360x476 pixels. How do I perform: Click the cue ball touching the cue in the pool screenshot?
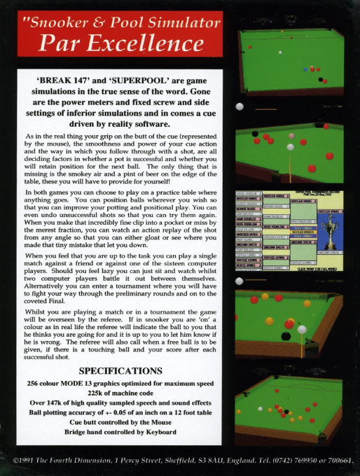pyautogui.click(x=302, y=330)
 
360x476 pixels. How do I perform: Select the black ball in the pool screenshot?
pyautogui.click(x=286, y=337)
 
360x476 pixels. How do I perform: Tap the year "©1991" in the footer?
pyautogui.click(x=27, y=461)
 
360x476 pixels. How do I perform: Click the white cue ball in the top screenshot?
pyautogui.click(x=279, y=52)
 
